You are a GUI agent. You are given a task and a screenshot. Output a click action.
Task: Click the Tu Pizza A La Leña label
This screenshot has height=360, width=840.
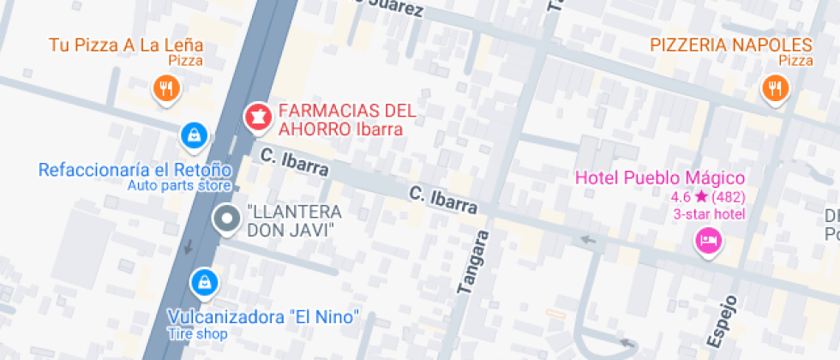[x=126, y=44]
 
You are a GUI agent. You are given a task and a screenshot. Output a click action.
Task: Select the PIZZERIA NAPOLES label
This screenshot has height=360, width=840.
[x=730, y=45]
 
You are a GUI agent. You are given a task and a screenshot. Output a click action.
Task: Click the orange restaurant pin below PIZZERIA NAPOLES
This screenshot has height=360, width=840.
[x=775, y=87]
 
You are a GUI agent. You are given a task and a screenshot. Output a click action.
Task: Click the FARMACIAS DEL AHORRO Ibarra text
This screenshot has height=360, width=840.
[x=346, y=120]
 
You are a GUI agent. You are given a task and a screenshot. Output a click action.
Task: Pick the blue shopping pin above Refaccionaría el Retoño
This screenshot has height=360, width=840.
[x=194, y=135]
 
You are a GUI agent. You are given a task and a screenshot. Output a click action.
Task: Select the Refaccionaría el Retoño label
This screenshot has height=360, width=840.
[x=135, y=169]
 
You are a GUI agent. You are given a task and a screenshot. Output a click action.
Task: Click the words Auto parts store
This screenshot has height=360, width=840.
[x=178, y=185]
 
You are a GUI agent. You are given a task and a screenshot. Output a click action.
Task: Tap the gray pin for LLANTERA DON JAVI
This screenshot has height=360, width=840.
[x=226, y=219]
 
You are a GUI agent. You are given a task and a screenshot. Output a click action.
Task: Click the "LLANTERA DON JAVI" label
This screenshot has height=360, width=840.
[x=294, y=220]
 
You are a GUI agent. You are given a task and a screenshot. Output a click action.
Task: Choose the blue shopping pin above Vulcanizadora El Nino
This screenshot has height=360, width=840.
[x=204, y=280]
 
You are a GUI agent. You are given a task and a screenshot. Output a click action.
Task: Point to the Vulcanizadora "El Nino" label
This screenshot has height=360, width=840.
[x=262, y=316]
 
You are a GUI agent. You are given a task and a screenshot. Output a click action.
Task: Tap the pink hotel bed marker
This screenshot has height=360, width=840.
[x=709, y=240]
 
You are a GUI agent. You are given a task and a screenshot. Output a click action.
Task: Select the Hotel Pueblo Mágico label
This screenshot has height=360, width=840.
[x=659, y=178]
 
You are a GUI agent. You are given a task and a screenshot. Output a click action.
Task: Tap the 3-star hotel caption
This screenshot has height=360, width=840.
[x=709, y=214]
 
